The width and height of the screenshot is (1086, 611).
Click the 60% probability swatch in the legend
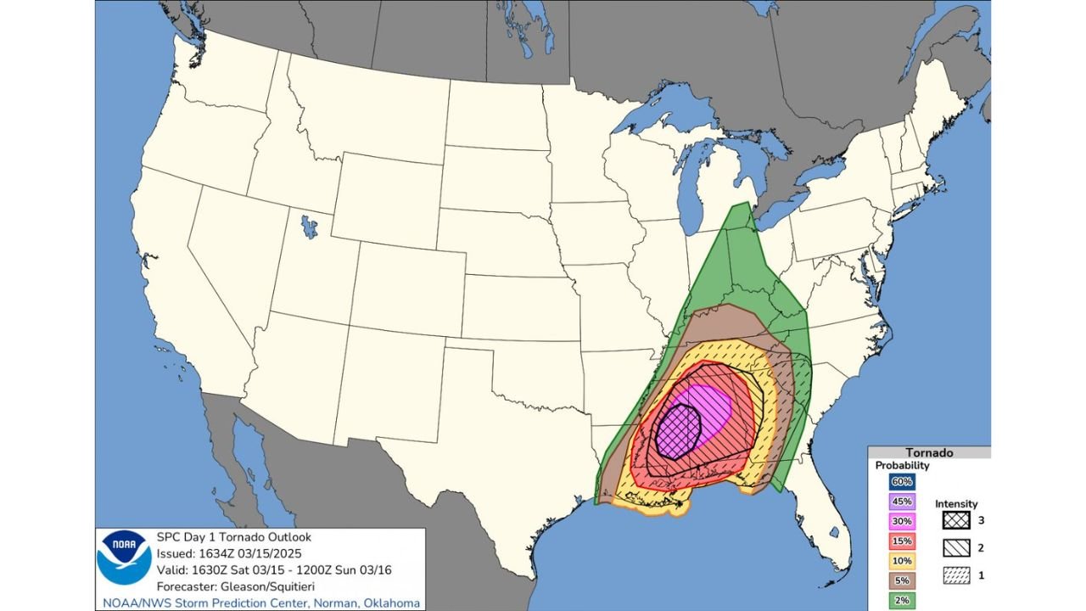pos(902,482)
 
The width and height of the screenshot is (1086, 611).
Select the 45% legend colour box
pos(902,502)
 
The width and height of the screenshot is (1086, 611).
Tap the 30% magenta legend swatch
pos(902,521)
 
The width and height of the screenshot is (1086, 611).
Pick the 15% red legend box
pos(902,541)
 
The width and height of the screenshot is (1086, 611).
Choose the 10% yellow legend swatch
pos(902,561)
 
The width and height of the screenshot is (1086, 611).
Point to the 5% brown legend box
pos(902,581)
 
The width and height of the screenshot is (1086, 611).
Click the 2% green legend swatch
pos(902,601)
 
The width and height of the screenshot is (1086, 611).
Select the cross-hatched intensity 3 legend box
pos(956,520)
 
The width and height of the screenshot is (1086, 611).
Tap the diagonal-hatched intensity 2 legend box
pos(956,547)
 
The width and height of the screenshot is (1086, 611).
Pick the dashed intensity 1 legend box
pos(956,575)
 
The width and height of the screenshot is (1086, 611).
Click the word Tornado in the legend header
pos(929,453)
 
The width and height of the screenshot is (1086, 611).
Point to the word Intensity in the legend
pos(956,504)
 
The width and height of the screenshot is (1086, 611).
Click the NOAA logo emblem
pos(124,558)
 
